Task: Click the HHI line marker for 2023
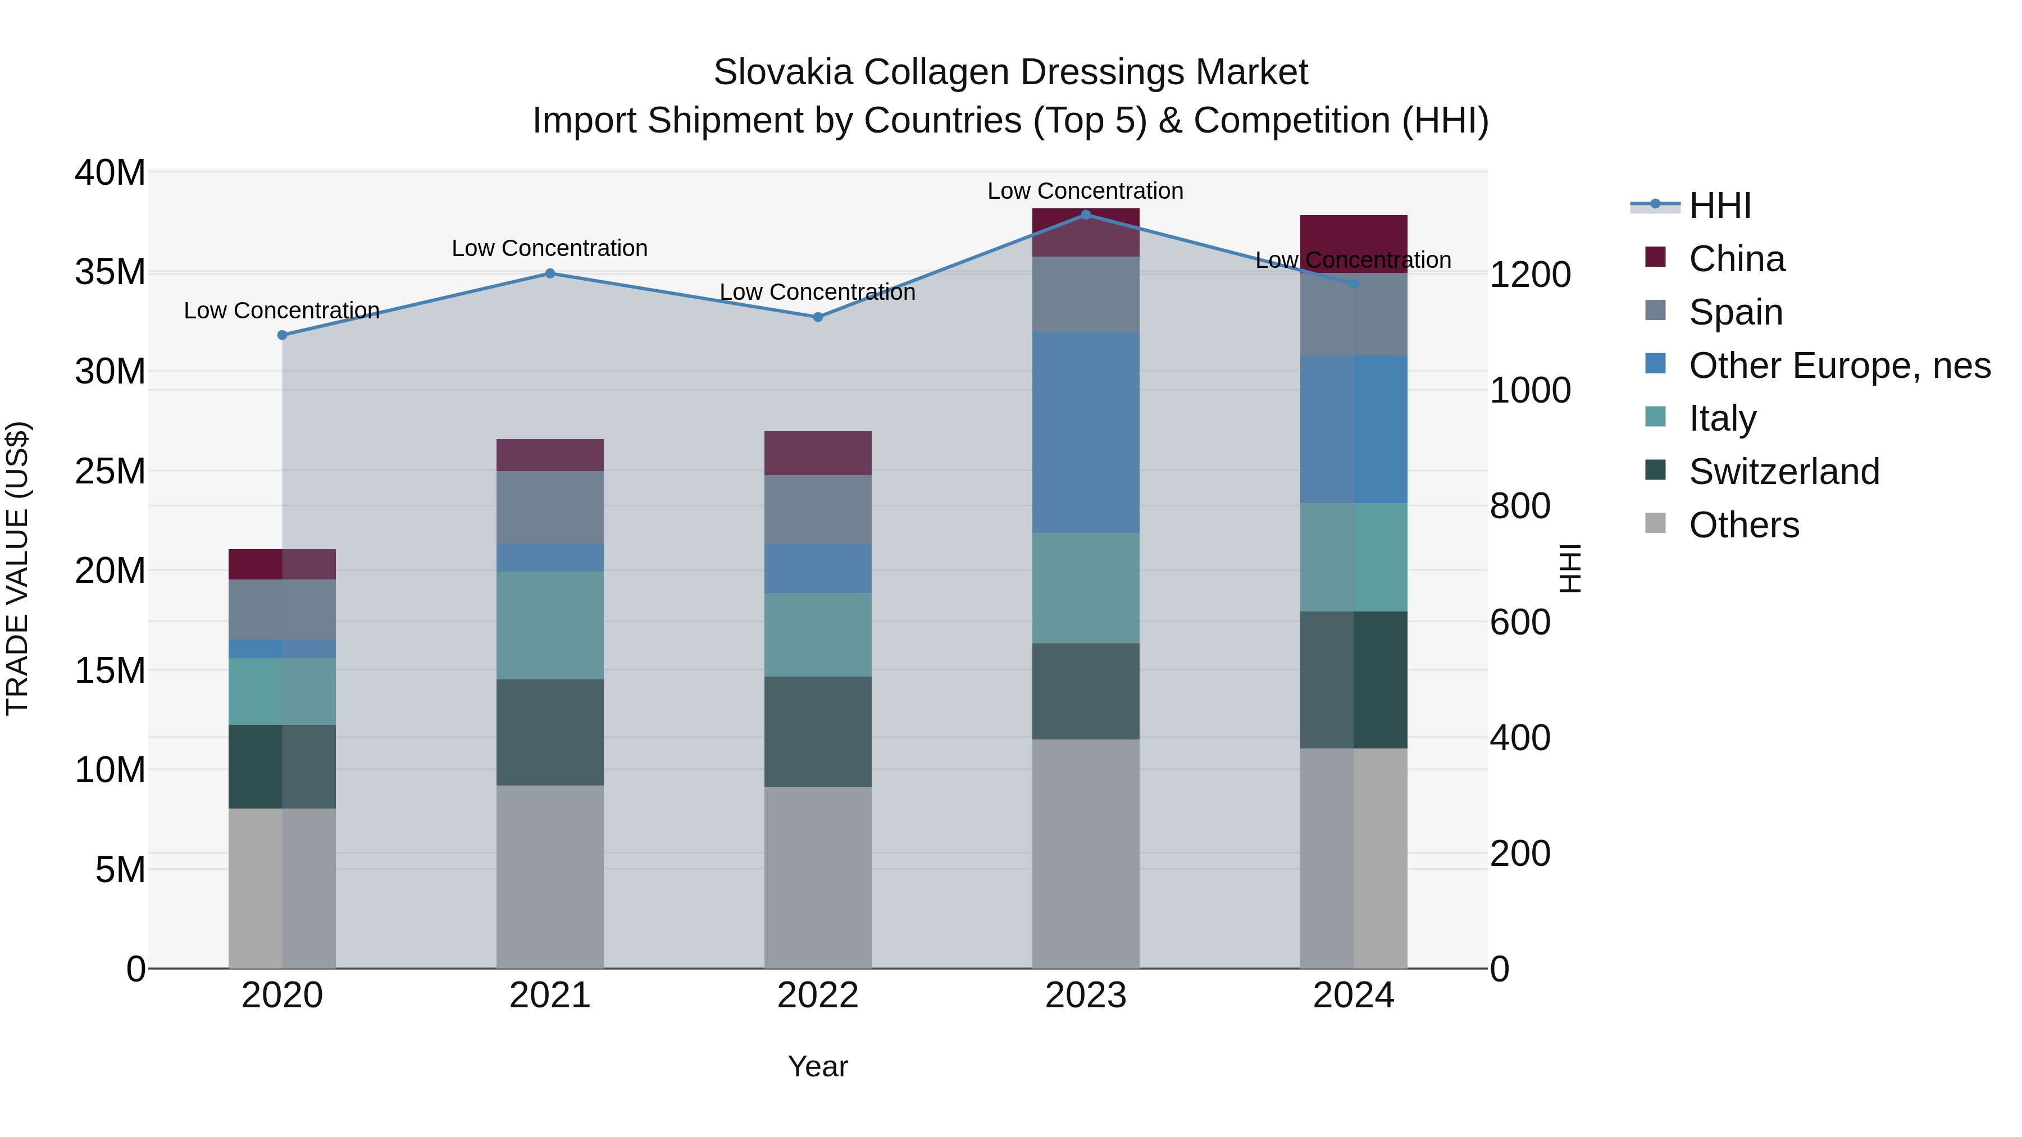coord(1086,215)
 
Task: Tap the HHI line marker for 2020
coord(283,335)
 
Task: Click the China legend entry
coord(1736,259)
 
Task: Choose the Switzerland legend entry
coord(1783,472)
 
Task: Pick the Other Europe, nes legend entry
coord(1839,366)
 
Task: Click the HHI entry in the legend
coord(1719,206)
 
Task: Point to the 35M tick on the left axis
coord(110,272)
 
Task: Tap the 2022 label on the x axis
coord(818,996)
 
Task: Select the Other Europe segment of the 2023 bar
coord(1086,432)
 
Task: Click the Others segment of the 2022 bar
coord(818,877)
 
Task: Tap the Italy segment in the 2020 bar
coord(283,691)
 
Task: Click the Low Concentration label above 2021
coord(549,249)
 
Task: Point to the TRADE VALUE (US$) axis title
coord(17,568)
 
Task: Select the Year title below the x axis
coord(818,1066)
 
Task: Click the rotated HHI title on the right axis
coord(1570,568)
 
